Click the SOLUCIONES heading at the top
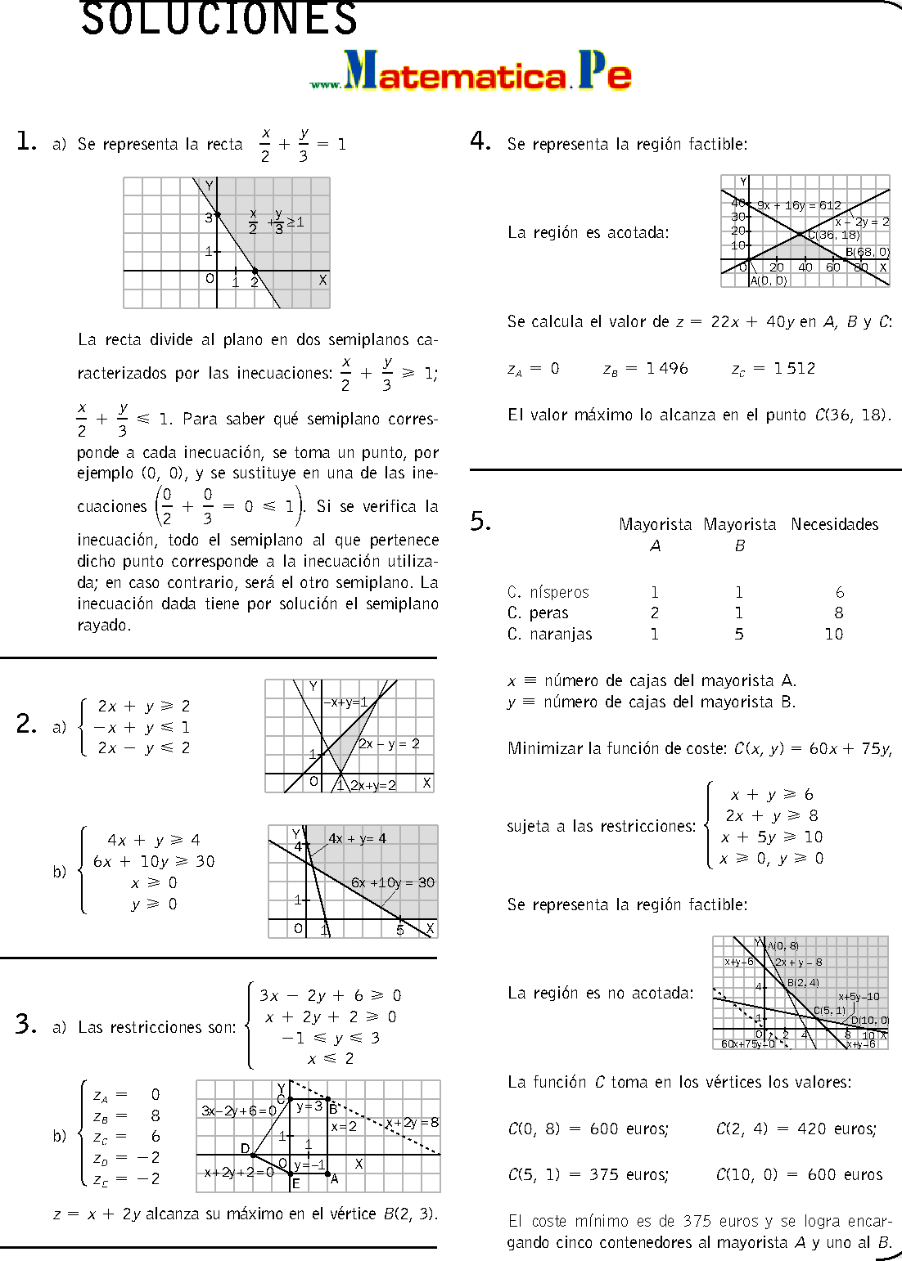[219, 20]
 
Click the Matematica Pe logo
[471, 72]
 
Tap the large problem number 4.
[480, 141]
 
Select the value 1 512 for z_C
[794, 369]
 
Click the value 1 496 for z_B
[666, 369]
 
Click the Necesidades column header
[834, 524]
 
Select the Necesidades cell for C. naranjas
[833, 635]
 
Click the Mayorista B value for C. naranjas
[739, 635]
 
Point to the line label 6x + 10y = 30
[392, 883]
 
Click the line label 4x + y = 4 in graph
[357, 839]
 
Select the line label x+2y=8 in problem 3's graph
[412, 1123]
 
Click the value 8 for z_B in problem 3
[156, 1116]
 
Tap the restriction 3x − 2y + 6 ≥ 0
[330, 996]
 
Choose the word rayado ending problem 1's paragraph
[103, 626]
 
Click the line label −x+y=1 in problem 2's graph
[345, 702]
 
